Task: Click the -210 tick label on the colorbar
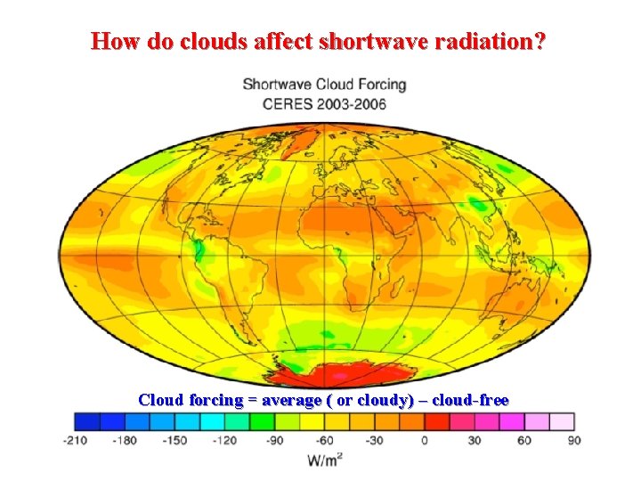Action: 76,441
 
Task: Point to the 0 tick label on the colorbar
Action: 424,441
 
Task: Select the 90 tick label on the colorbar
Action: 573,441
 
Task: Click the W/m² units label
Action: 325,460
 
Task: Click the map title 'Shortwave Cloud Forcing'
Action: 324,85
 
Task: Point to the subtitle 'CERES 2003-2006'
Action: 324,102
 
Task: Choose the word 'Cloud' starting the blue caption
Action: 161,400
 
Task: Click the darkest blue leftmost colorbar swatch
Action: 87,421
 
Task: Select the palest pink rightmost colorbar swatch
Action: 561,421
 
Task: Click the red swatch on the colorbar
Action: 436,421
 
